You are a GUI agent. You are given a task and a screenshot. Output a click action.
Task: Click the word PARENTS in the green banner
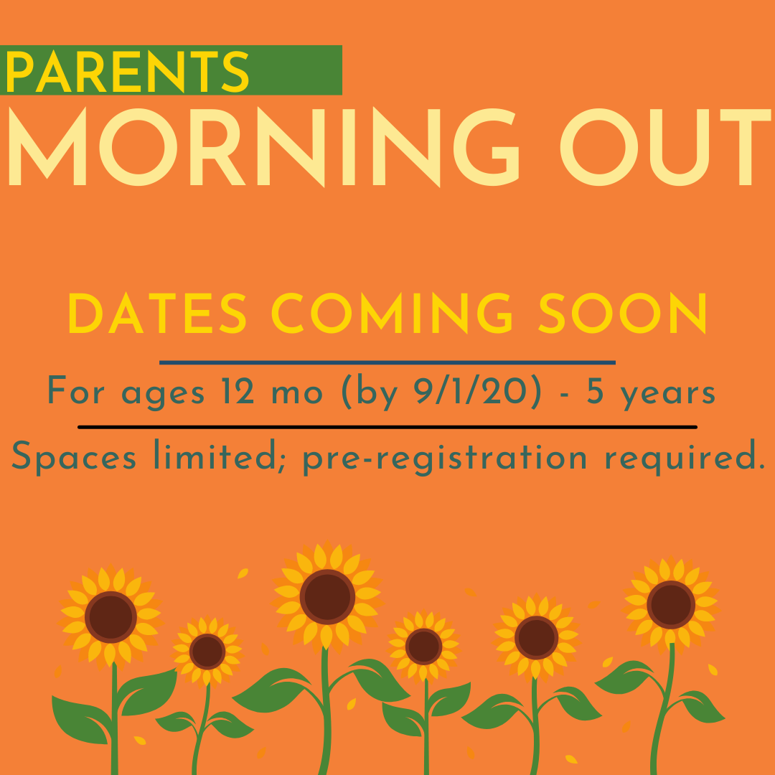tap(127, 71)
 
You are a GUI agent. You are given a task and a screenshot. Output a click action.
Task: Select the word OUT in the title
tap(665, 147)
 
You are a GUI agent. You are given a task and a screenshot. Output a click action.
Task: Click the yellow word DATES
tap(157, 313)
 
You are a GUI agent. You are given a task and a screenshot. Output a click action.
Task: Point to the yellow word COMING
tap(392, 313)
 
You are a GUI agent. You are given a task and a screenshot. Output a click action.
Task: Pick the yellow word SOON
tap(622, 313)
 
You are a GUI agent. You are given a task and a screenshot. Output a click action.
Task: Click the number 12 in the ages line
tap(238, 391)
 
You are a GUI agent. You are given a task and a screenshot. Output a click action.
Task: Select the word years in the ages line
tap(667, 394)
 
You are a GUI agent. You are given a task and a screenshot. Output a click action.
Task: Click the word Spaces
tap(74, 458)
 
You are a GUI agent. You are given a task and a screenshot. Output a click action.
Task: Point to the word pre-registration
tap(445, 458)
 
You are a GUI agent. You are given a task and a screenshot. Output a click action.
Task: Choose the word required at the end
tap(685, 458)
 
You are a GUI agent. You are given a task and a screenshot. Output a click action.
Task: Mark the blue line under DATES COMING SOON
tap(387, 363)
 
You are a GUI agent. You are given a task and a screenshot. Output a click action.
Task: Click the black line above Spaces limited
tap(387, 427)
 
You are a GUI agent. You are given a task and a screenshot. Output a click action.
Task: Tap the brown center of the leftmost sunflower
tap(111, 617)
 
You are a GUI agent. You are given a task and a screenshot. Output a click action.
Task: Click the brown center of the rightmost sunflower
tap(671, 604)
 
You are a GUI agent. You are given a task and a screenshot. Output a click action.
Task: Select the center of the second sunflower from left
tap(207, 652)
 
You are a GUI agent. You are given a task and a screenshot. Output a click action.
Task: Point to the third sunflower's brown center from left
tap(327, 596)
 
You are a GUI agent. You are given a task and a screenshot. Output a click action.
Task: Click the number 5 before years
tap(595, 392)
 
